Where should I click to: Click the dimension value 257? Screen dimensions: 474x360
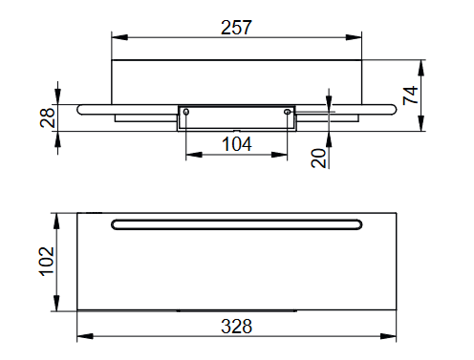coord(236,28)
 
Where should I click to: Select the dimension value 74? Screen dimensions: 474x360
coord(410,95)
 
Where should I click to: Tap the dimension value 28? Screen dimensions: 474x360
coord(48,117)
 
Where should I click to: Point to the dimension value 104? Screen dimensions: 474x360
coord(237,144)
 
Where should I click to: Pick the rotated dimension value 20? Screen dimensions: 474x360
coord(318,158)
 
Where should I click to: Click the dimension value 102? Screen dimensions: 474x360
coord(47,261)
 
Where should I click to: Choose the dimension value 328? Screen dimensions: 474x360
coord(236,327)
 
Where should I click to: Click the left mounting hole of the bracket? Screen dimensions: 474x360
coord(186,112)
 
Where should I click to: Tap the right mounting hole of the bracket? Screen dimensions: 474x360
coord(287,112)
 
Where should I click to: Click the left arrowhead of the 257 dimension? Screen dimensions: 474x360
coord(119,37)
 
